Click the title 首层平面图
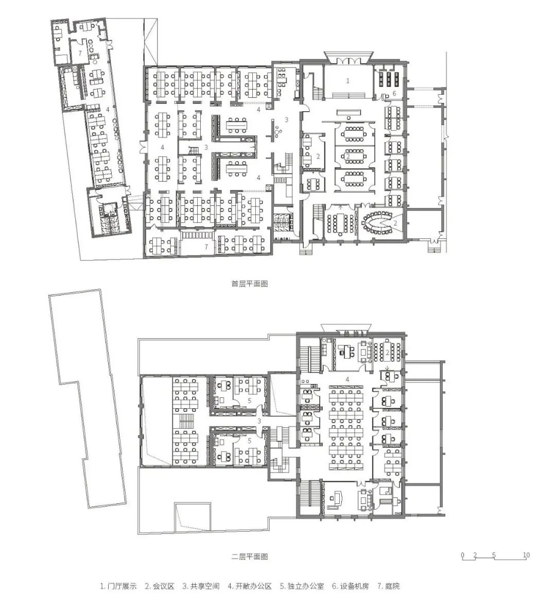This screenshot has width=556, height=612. tap(250, 284)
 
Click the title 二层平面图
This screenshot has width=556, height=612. tap(250, 556)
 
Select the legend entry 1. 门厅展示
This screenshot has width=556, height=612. tap(118, 586)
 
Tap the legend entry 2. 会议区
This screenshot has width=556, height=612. tap(159, 586)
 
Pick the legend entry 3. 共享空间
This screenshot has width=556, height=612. tap(201, 586)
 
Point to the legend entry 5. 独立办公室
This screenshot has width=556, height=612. tap(302, 586)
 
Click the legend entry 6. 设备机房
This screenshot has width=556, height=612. tap(350, 586)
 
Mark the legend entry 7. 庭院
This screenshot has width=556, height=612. tap(389, 586)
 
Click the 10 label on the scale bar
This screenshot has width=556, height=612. tap(526, 555)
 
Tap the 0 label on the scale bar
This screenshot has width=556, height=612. tap(462, 555)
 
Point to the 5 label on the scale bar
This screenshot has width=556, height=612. tap(494, 555)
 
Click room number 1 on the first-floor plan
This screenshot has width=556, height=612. tap(347, 81)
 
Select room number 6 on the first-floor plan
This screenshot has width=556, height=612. tap(394, 94)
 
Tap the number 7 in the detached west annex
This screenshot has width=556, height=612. tap(80, 54)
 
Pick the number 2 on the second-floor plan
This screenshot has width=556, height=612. tap(387, 352)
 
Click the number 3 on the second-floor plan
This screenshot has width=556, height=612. tap(259, 421)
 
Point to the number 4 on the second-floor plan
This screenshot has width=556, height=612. tap(347, 379)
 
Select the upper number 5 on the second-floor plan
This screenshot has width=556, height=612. tap(249, 400)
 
